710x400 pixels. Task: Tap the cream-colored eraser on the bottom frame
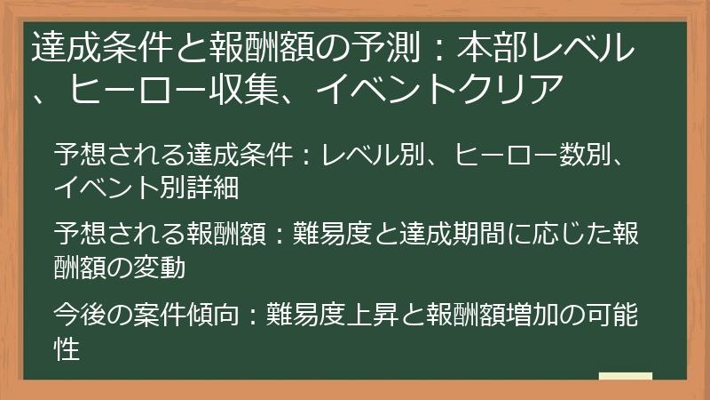point(625,377)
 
